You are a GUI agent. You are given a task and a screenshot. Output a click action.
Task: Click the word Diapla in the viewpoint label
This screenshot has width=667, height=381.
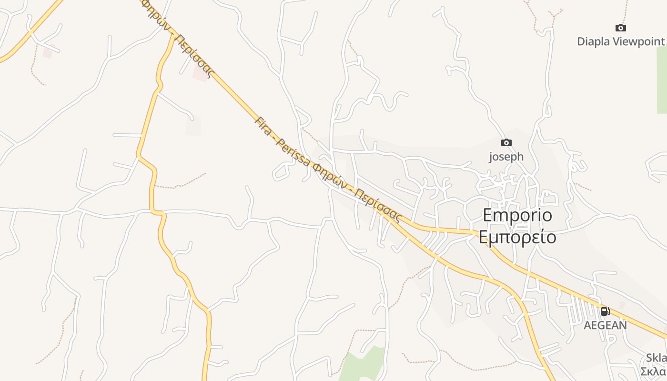tap(593, 41)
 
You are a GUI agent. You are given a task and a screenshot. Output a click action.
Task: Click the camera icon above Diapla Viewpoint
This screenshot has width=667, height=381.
tap(620, 28)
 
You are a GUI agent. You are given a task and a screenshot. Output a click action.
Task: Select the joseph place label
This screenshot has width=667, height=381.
tap(506, 156)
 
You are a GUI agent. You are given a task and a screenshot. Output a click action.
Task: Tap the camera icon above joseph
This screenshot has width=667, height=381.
tap(506, 142)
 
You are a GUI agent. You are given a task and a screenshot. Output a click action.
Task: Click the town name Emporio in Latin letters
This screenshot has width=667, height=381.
tap(517, 215)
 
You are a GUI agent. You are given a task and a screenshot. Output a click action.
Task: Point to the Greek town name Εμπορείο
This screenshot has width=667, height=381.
tap(517, 237)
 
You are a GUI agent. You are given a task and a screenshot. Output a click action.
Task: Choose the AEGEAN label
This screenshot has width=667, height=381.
tap(605, 325)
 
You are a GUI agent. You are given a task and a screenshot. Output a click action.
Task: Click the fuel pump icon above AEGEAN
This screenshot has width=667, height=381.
tap(605, 311)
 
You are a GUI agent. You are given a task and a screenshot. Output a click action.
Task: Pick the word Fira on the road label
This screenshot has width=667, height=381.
tap(263, 126)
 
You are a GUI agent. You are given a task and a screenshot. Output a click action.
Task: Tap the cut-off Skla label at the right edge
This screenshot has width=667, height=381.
tap(657, 358)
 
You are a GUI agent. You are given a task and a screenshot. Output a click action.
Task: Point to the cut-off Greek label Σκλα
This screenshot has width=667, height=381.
tap(654, 371)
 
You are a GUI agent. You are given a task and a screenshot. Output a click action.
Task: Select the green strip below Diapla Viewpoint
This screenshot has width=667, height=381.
tap(661, 81)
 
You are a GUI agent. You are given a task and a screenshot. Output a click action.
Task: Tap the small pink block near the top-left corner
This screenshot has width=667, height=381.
tap(48, 51)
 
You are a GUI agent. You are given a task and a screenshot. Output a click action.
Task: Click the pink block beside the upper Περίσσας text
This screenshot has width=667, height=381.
tap(201, 73)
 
